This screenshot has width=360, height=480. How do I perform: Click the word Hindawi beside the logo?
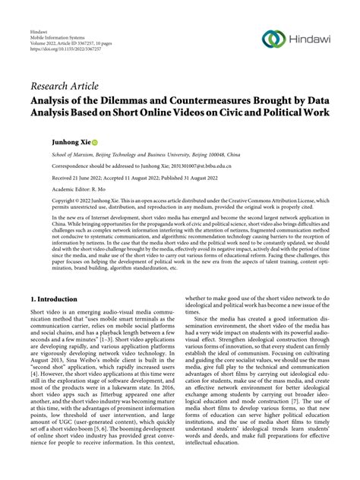(x=311, y=39)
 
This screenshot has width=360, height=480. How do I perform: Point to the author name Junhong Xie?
(x=49, y=141)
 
